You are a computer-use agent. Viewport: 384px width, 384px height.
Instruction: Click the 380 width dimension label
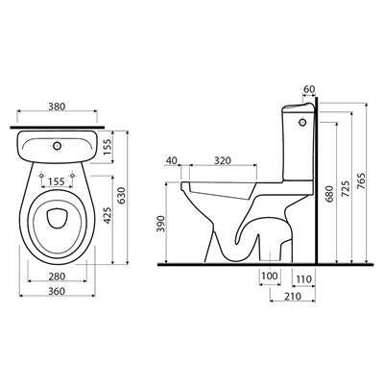[57, 107]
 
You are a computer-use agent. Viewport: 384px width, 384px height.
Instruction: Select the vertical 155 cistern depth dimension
[108, 147]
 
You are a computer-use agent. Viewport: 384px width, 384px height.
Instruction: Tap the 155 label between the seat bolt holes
[56, 181]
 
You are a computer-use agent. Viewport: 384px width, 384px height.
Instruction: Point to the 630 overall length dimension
[122, 196]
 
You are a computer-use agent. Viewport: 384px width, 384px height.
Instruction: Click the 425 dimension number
[108, 215]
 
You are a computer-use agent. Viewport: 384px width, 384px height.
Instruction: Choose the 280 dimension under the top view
[57, 276]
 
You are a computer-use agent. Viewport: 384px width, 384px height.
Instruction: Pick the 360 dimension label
[57, 292]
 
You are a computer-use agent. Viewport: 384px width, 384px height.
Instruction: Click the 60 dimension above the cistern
[309, 89]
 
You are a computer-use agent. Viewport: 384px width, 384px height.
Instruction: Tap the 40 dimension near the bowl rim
[172, 160]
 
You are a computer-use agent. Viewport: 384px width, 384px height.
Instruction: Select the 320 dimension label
[223, 160]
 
